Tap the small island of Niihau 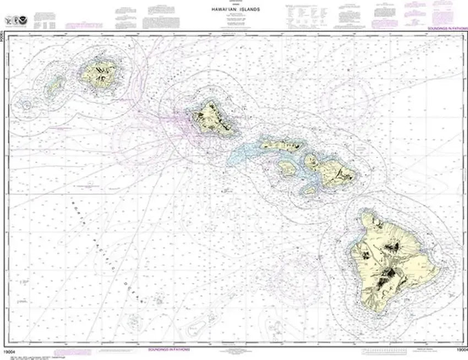pos(54,86)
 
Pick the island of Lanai pos(287,167)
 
